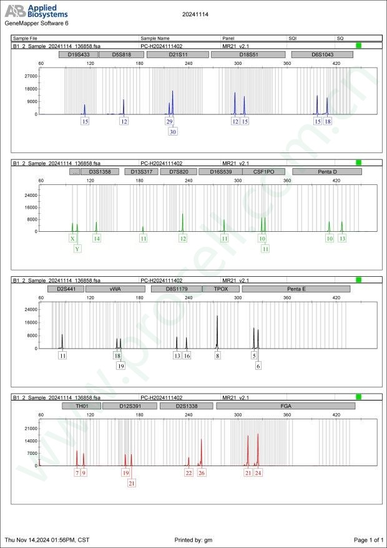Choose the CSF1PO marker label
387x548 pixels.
point(263,171)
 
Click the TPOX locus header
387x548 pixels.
point(221,289)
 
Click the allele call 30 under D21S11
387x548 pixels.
point(173,132)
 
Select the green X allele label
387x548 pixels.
point(73,239)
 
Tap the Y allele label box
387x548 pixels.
point(77,249)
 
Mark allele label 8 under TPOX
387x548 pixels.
point(218,356)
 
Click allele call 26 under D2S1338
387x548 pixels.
point(202,472)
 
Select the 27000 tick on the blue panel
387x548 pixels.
point(30,76)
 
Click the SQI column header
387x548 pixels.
point(293,39)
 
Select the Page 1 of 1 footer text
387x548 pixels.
point(368,539)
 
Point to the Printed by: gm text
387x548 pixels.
point(195,539)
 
